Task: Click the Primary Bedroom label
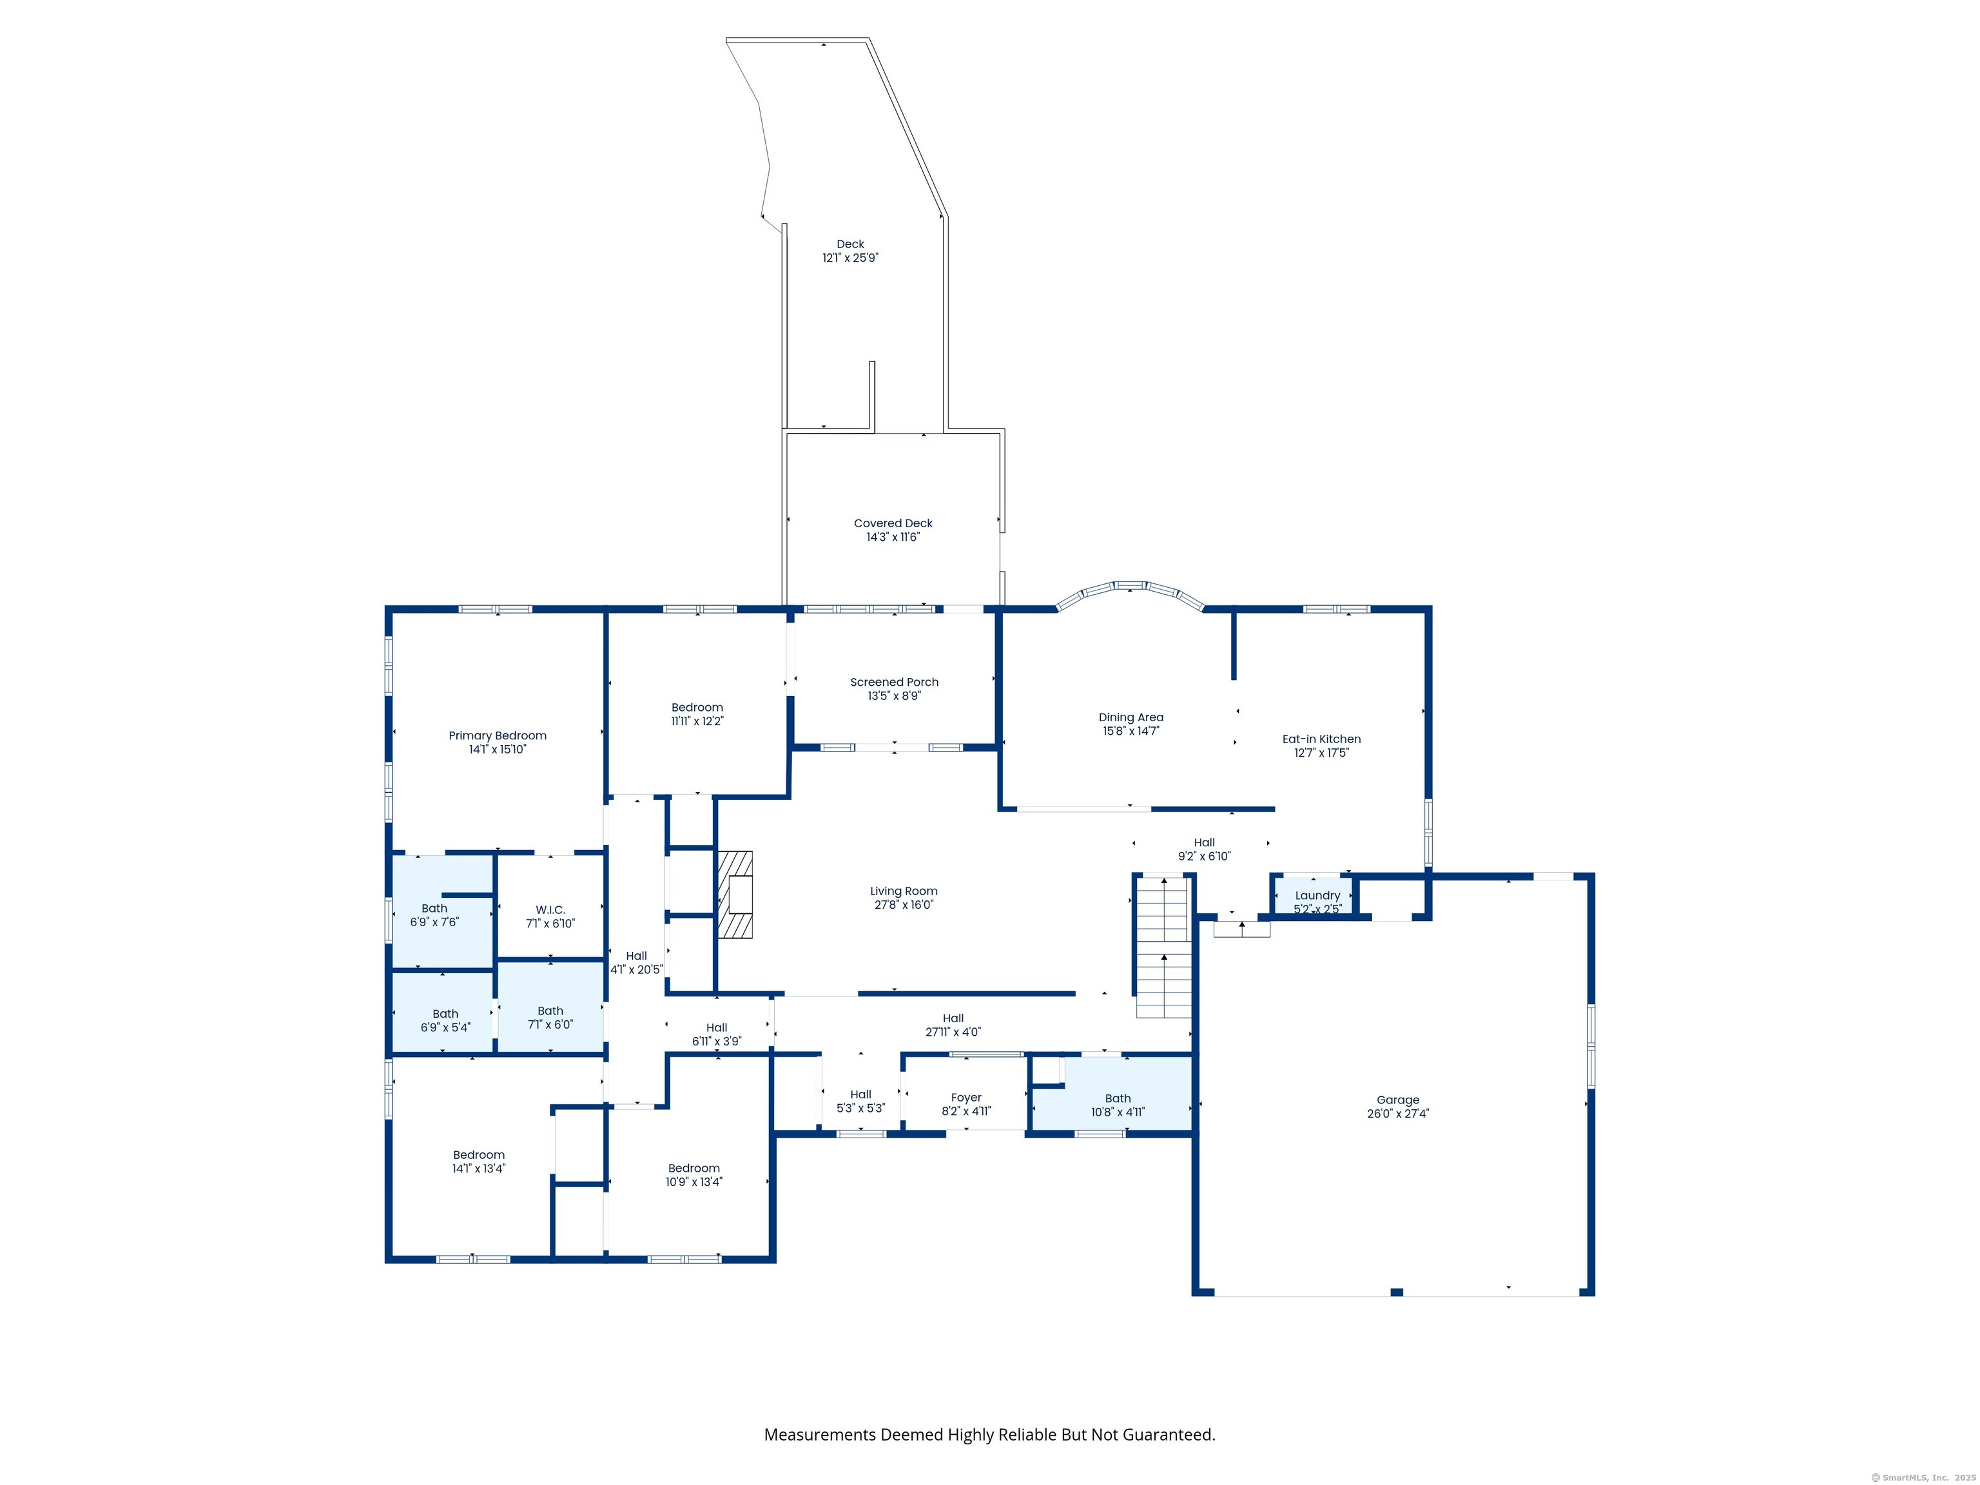pyautogui.click(x=497, y=736)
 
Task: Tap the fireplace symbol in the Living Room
pyautogui.click(x=735, y=894)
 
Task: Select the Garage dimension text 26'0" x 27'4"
pyautogui.click(x=1398, y=1114)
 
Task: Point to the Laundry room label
pyautogui.click(x=1317, y=895)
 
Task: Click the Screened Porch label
pyautogui.click(x=894, y=682)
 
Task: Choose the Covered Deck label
pyautogui.click(x=893, y=523)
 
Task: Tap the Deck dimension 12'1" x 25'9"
pyautogui.click(x=850, y=258)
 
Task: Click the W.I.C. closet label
pyautogui.click(x=550, y=909)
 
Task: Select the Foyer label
pyautogui.click(x=966, y=1098)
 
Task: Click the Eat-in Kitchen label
pyautogui.click(x=1321, y=739)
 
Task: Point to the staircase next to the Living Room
pyautogui.click(x=1163, y=947)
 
